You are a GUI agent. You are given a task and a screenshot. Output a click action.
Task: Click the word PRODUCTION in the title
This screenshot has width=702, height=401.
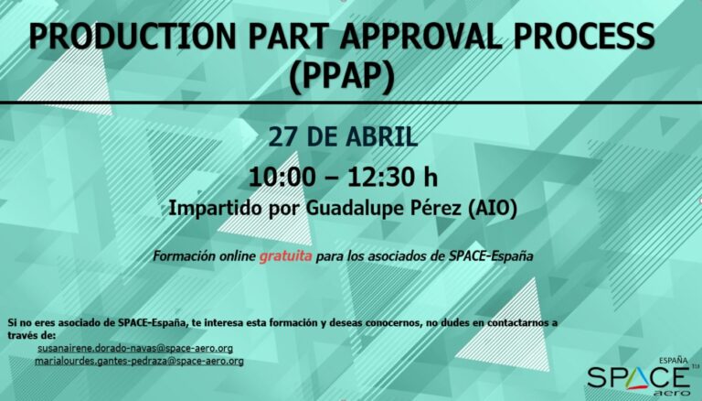pos(132,36)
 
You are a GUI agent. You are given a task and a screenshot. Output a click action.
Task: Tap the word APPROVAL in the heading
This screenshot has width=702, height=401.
pos(420,36)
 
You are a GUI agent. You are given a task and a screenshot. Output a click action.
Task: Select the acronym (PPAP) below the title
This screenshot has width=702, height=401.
pos(342,76)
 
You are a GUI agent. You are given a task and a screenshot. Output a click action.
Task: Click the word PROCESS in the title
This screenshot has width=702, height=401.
pos(584,36)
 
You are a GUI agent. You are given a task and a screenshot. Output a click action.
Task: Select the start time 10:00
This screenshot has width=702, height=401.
pos(282,177)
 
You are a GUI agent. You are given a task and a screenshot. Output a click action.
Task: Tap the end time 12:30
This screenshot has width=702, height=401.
pos(380,177)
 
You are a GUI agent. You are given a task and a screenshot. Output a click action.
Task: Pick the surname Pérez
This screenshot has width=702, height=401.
pos(441,208)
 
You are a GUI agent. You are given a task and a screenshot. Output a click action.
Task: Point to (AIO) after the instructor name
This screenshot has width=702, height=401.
pos(492,209)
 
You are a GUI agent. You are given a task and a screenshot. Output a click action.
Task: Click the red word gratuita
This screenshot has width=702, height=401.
pos(285,256)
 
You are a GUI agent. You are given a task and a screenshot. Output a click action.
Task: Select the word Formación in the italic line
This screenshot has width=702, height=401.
pos(184,256)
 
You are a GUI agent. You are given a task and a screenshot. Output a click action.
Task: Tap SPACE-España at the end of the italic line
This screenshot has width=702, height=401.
pos(491,256)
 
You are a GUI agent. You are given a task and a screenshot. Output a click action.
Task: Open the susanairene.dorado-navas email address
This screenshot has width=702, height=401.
pos(135,348)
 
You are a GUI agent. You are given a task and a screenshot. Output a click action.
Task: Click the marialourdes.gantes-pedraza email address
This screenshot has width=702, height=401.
pos(139,361)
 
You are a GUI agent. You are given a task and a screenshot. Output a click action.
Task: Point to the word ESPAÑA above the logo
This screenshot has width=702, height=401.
pos(674,360)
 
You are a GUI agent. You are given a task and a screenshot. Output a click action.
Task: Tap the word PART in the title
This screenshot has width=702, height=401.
pos(287,36)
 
